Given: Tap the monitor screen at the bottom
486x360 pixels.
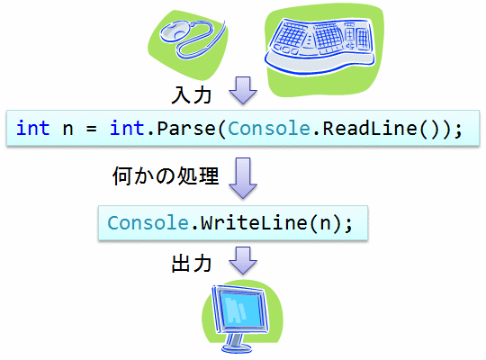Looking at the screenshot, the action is tap(243, 310).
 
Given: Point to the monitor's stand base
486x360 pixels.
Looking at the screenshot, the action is tap(237, 348).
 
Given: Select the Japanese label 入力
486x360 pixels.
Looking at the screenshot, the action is tap(192, 94).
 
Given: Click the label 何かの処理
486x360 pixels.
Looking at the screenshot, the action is tap(166, 175).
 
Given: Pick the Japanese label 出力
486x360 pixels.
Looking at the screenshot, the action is tap(192, 264).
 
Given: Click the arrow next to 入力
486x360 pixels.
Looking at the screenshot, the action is tap(243, 91).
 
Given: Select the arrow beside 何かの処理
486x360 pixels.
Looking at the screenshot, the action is tap(243, 178).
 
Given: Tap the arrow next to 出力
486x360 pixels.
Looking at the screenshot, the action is tap(243, 261).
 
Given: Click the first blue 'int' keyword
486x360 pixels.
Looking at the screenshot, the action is tap(33, 128).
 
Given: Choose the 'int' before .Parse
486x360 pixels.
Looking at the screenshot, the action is tap(127, 128).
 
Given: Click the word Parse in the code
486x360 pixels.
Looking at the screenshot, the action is tap(186, 129).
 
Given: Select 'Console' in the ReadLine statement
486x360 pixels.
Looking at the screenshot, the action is tap(269, 129).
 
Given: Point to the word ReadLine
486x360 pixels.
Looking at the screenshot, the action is tap(370, 129).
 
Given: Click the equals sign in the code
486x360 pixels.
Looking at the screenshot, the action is tap(91, 129).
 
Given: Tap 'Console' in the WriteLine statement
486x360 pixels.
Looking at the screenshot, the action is tap(148, 223).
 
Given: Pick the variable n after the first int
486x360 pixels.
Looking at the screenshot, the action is tap(67, 130).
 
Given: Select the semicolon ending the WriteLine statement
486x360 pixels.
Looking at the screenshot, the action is tap(348, 225).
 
